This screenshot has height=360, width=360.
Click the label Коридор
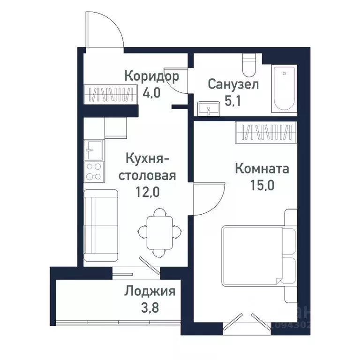(151, 76)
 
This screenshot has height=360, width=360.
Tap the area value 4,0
(151, 92)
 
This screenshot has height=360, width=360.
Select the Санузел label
(233, 85)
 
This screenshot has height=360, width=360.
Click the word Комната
(262, 168)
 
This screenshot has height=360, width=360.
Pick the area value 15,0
(262, 184)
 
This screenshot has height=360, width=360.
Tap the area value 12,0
(147, 192)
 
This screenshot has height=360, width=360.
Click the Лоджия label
(150, 292)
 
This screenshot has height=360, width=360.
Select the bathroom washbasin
(207, 109)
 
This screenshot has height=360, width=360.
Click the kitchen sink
(93, 150)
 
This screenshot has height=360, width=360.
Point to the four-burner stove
(93, 172)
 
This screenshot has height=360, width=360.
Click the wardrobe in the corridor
(110, 94)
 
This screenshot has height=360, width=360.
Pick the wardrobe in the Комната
(266, 133)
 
